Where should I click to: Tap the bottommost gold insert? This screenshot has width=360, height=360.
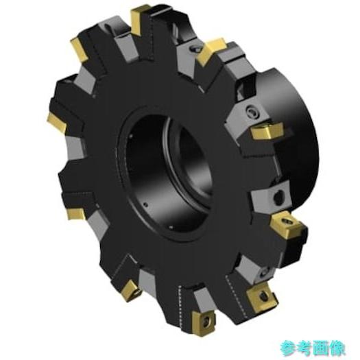pos(204,323)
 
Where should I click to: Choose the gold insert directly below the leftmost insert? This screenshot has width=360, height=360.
pos(76,214)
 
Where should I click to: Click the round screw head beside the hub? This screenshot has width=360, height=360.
pos(252,112)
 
